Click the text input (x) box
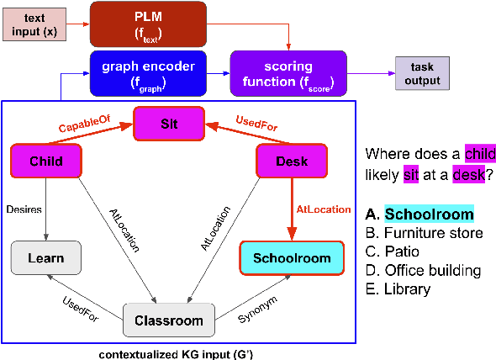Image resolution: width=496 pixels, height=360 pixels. pyautogui.click(x=34, y=24)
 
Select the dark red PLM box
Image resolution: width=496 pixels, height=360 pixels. pyautogui.click(x=148, y=24)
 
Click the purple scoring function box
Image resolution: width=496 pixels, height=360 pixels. pyautogui.click(x=288, y=73)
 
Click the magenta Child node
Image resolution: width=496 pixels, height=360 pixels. pyautogui.click(x=46, y=160)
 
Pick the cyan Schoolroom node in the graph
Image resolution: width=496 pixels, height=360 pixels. pyautogui.click(x=291, y=254)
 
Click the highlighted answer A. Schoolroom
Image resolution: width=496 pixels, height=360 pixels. pyautogui.click(x=419, y=214)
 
